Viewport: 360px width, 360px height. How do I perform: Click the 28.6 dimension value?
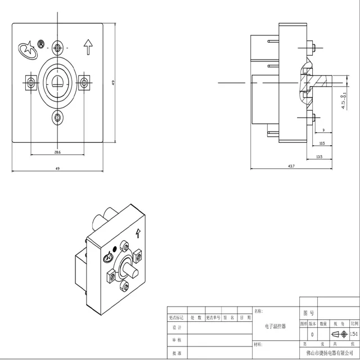[57, 152]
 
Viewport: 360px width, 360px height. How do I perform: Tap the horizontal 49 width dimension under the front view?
[57, 168]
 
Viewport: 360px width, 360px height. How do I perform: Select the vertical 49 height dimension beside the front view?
[113, 83]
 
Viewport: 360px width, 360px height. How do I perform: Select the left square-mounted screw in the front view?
[30, 83]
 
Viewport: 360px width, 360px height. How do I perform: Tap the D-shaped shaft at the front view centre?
[57, 83]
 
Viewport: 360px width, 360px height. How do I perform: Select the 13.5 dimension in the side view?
[319, 156]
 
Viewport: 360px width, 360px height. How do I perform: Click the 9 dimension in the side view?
[323, 130]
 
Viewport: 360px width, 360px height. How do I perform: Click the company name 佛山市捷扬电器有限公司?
[329, 352]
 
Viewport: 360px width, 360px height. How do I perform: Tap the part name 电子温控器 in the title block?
[276, 326]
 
